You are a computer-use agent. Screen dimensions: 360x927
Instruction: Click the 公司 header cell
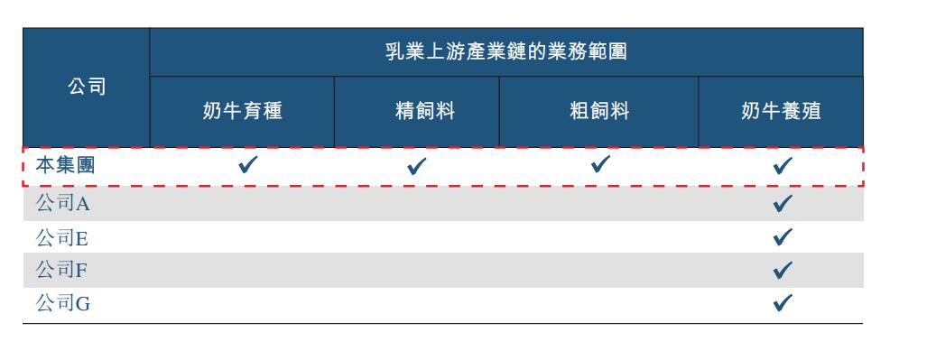[87, 87]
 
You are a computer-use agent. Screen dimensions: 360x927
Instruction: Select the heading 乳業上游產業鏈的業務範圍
[505, 51]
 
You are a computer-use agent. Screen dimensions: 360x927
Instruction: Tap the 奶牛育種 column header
[242, 111]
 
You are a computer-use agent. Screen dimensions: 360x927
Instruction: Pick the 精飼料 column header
[424, 111]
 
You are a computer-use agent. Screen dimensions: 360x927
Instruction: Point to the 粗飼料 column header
[598, 111]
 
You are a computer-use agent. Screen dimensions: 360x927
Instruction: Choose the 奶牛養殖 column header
[781, 111]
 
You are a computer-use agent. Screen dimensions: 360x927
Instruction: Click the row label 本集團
[65, 165]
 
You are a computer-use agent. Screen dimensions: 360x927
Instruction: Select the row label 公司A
[62, 204]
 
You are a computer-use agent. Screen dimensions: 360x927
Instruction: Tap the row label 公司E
[62, 238]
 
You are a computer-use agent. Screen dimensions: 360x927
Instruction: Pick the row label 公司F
[62, 270]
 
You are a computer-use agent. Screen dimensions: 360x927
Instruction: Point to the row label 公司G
[63, 304]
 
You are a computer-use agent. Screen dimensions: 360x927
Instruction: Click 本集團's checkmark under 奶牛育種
[247, 164]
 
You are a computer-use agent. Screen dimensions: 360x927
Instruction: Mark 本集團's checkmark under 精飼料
[416, 166]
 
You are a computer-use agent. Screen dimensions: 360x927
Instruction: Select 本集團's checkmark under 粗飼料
[600, 164]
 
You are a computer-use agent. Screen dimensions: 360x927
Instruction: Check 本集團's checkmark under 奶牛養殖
[783, 165]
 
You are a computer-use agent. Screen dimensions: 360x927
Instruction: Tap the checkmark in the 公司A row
[783, 203]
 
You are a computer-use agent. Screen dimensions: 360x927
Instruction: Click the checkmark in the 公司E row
[783, 237]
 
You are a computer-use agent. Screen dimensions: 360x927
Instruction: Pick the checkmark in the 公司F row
[783, 269]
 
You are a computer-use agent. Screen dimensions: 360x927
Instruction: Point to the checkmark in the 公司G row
[783, 302]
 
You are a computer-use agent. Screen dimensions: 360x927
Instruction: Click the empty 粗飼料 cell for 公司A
[598, 204]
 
